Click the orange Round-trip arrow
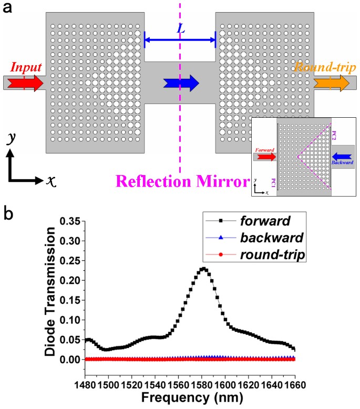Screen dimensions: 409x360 click(331, 83)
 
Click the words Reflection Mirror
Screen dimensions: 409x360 click(181, 182)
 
